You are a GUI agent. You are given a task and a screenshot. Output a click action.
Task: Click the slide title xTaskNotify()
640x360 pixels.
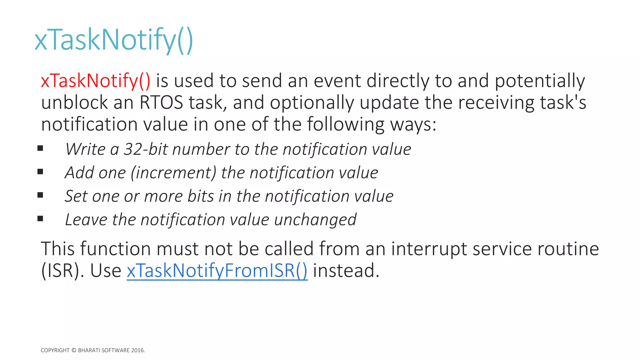[114, 40]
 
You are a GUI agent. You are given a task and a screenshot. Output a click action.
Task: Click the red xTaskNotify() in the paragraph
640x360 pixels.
[96, 81]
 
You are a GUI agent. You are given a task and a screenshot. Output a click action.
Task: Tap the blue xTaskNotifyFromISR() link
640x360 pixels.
[217, 271]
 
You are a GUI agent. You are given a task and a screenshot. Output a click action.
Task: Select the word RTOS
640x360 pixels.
[161, 103]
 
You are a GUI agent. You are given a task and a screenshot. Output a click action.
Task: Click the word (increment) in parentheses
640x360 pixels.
[174, 173]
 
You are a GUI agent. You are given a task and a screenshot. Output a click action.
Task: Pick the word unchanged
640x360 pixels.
[315, 220]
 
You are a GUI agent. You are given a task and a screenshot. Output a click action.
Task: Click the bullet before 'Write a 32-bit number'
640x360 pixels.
[40, 148]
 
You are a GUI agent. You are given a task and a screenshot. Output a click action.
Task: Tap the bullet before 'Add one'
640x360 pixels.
[40, 172]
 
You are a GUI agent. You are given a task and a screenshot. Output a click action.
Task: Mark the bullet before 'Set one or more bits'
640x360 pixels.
[40, 195]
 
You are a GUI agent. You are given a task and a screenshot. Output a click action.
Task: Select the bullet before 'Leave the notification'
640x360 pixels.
[40, 219]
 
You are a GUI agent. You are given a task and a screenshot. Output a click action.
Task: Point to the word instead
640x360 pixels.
[346, 271]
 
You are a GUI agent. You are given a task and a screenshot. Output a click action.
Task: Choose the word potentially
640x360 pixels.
[540, 81]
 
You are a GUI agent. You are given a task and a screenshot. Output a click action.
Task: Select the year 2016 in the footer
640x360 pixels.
[137, 350]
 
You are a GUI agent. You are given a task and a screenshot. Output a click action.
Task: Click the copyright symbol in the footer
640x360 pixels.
[74, 350]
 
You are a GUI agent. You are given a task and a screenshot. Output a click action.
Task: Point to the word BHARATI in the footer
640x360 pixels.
[89, 350]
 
